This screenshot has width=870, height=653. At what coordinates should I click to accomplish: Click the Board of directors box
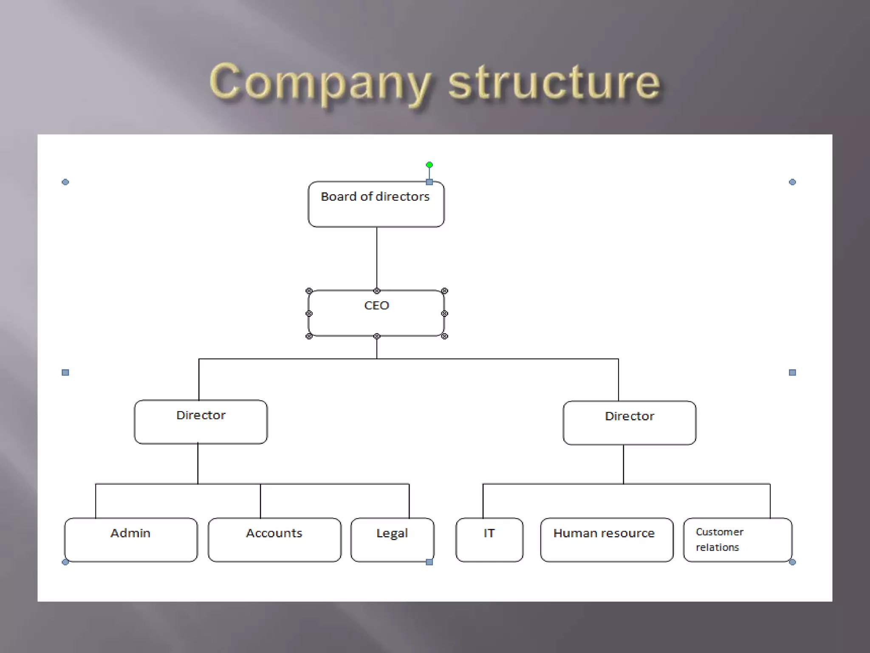click(376, 204)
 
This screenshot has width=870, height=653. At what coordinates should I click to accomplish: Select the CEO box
click(376, 314)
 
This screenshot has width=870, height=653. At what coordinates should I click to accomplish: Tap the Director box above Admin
click(201, 422)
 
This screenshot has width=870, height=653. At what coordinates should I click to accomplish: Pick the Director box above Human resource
click(629, 423)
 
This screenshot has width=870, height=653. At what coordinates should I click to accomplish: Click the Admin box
click(130, 539)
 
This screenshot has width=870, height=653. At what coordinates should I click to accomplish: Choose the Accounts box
click(274, 539)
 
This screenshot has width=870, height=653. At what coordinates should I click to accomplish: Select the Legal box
click(392, 539)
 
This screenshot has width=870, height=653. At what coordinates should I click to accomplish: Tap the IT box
click(489, 539)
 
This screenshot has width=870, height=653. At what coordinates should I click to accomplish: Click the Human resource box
click(606, 539)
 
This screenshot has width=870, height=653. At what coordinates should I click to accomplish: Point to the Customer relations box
click(737, 539)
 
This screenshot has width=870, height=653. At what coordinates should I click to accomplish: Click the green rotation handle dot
click(429, 165)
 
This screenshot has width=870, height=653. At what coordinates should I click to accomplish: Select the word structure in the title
click(554, 82)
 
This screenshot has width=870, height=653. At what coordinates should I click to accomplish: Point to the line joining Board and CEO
click(376, 258)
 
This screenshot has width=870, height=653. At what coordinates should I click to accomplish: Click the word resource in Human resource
click(630, 533)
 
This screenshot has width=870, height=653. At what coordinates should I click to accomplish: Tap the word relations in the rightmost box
click(717, 548)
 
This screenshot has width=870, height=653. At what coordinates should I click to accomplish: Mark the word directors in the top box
click(402, 197)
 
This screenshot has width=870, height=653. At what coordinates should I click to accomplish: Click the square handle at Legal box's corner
click(429, 562)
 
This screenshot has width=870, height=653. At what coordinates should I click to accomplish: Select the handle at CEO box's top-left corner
click(309, 291)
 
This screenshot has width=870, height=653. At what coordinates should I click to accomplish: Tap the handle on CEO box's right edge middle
click(444, 314)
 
